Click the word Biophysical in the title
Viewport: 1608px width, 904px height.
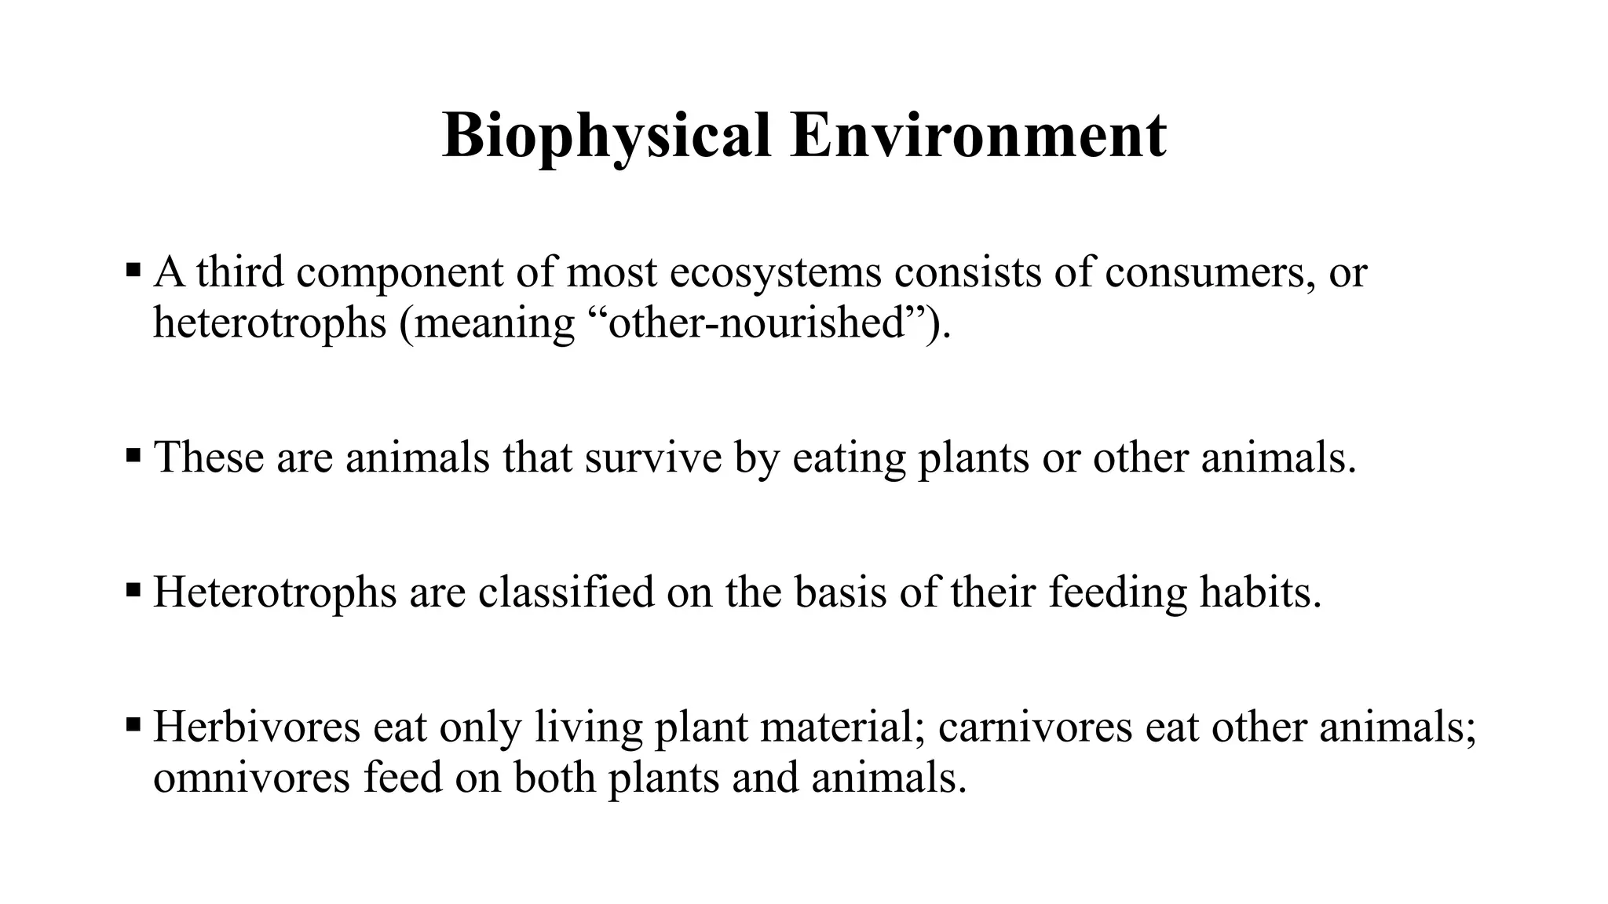click(x=606, y=137)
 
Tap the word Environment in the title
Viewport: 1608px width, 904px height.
click(x=978, y=136)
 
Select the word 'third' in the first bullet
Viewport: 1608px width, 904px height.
click(x=240, y=272)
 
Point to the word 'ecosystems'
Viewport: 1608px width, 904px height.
click(x=777, y=274)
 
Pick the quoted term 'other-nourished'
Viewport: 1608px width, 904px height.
click(x=758, y=323)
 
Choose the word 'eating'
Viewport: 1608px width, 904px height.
click(x=850, y=458)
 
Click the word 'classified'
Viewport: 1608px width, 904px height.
click(x=566, y=592)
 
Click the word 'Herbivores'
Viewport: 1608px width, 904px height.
click(x=257, y=726)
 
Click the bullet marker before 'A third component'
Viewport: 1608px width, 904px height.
click(x=133, y=272)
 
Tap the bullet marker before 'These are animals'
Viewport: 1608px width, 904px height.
click(x=133, y=455)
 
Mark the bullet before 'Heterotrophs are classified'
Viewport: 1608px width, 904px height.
click(x=133, y=590)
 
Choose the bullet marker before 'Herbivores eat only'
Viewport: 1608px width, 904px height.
click(x=133, y=724)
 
